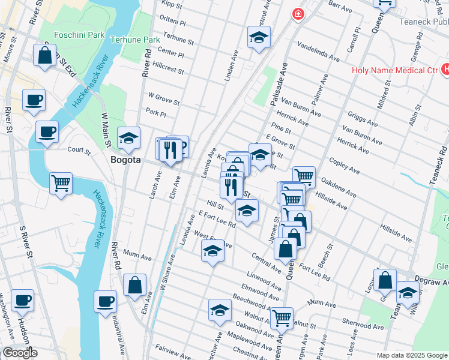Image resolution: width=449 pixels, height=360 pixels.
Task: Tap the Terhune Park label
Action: point(135,40)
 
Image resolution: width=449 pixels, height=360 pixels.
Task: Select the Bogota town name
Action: point(125,160)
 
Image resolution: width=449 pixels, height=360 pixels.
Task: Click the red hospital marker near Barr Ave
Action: point(297,14)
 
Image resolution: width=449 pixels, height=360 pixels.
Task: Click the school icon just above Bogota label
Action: point(128,139)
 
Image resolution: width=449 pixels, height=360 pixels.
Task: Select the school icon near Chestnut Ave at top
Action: point(259,38)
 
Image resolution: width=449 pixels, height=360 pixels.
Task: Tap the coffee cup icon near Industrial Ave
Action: point(106,301)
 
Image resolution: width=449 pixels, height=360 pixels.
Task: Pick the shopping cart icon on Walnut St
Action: point(281,318)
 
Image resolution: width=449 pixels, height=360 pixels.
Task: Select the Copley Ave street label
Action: point(345,166)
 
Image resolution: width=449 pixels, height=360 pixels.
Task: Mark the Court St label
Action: point(79,151)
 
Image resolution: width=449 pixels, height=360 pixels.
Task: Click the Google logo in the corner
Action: point(19,353)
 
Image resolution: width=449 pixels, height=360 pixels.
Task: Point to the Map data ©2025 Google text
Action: point(411,355)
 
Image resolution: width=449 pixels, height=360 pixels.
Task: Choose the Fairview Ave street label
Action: point(172,349)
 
